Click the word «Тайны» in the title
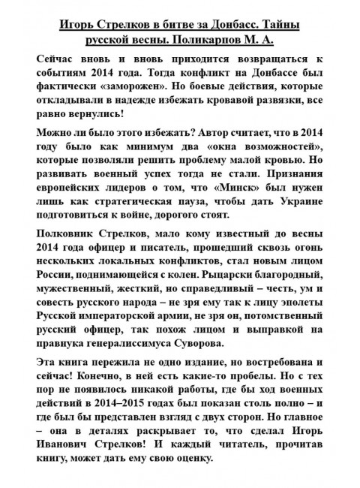coord(281,25)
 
